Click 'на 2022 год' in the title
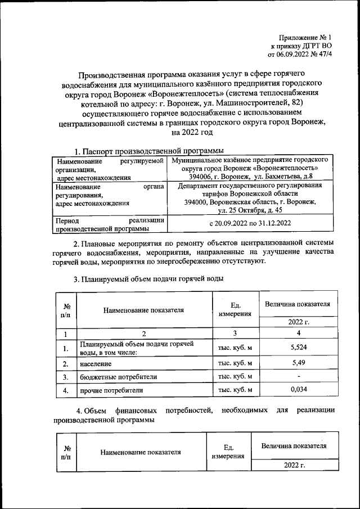193,133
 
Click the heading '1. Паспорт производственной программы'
149,151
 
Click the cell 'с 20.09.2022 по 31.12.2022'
250,223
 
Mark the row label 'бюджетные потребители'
118,376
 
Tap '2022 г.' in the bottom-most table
294,466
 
